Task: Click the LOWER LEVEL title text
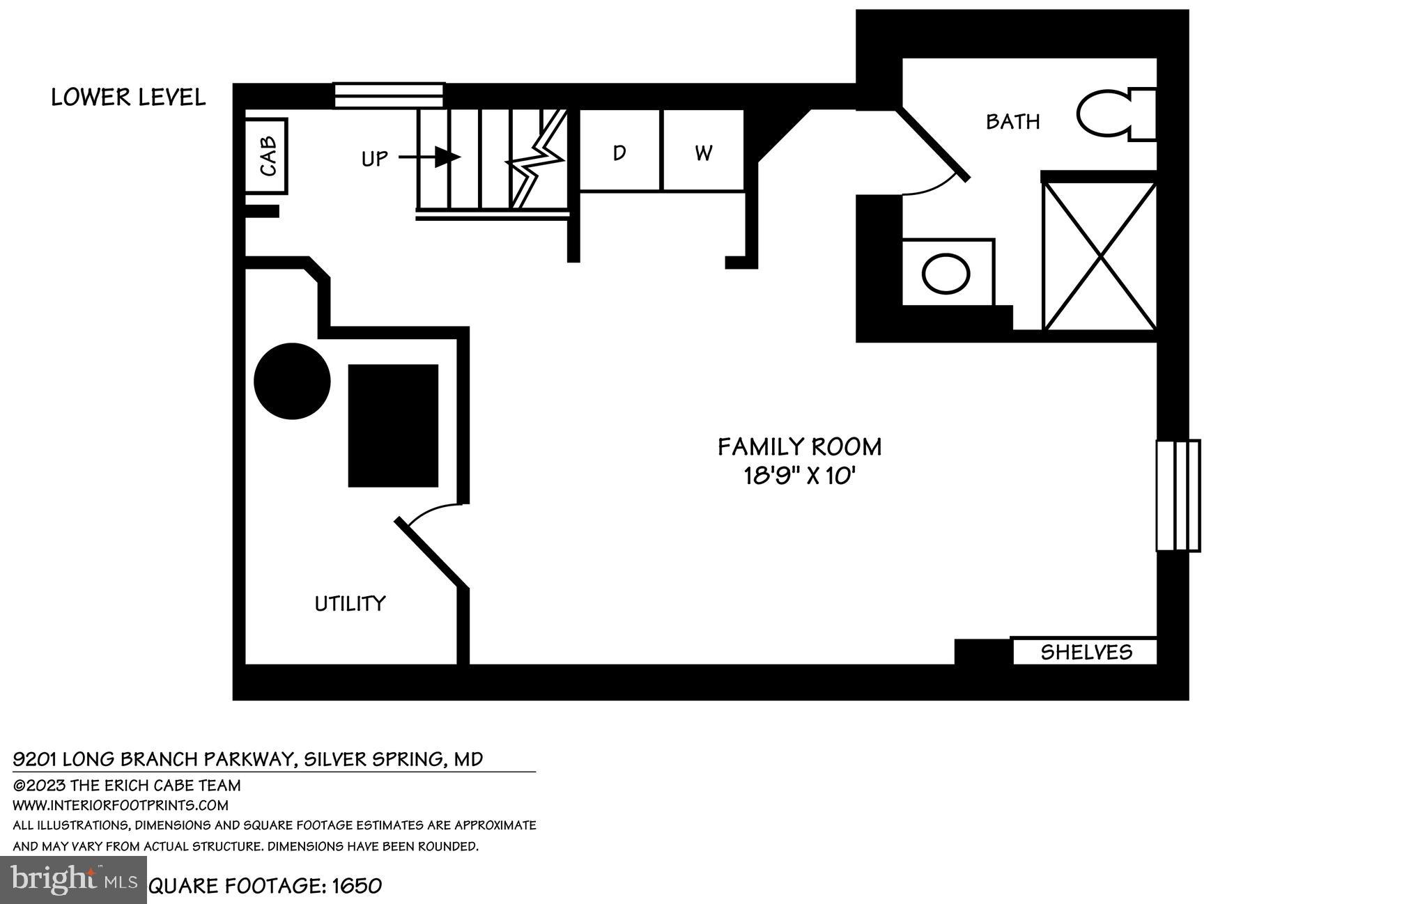click(x=128, y=98)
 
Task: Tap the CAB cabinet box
click(x=268, y=156)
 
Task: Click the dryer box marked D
click(x=619, y=152)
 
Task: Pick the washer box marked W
click(x=703, y=152)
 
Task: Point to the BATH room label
click(x=1012, y=122)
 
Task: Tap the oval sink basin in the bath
click(x=946, y=274)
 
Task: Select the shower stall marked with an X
click(x=1100, y=256)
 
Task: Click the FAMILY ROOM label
click(x=799, y=446)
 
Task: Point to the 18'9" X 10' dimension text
click(x=799, y=477)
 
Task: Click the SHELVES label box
click(x=1086, y=652)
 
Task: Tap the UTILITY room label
click(x=350, y=603)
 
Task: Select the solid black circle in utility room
click(x=292, y=381)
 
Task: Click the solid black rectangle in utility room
click(x=393, y=426)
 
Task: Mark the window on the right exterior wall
click(x=1178, y=495)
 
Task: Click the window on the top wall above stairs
click(x=389, y=95)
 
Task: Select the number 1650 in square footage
click(x=357, y=886)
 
